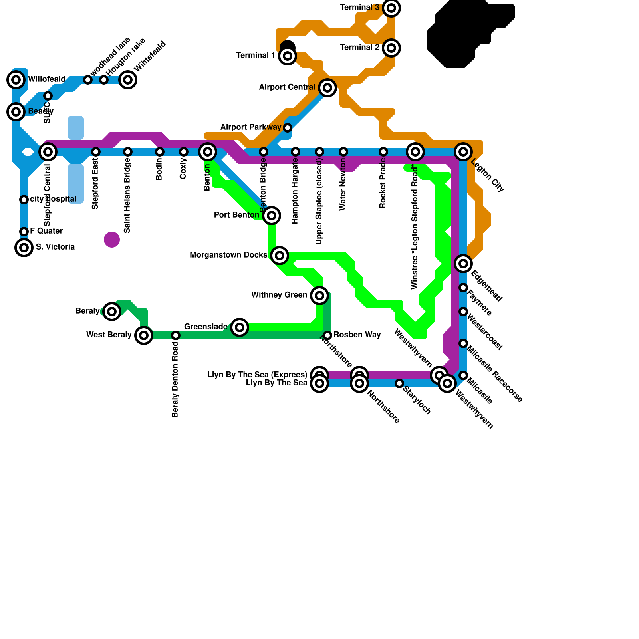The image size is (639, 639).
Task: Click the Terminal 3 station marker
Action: coord(391,8)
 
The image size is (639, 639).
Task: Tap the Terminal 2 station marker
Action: coord(391,48)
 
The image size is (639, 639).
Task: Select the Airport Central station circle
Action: coord(327,88)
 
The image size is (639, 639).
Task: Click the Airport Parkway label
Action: coord(250,127)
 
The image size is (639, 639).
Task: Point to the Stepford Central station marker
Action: coord(48,152)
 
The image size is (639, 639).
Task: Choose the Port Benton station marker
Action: coord(272,216)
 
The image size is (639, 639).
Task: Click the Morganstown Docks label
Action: coord(228,255)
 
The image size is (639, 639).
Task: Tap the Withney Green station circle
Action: coord(319,296)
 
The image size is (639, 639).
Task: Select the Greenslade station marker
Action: coord(240,327)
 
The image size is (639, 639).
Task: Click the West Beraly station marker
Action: coord(144,335)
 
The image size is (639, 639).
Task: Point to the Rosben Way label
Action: coord(357,335)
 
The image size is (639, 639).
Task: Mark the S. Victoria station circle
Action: coord(24,248)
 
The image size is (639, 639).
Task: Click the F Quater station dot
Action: coord(24,232)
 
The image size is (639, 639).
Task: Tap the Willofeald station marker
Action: coord(16,80)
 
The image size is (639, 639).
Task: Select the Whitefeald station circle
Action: coord(128,80)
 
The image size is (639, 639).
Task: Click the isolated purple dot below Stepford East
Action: coord(112,240)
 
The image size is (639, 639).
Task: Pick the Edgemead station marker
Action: coord(463,264)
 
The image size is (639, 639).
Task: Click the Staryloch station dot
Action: coord(399,383)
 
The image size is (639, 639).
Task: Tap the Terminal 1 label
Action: coord(256,56)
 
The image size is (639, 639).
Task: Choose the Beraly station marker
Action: coord(112,312)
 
